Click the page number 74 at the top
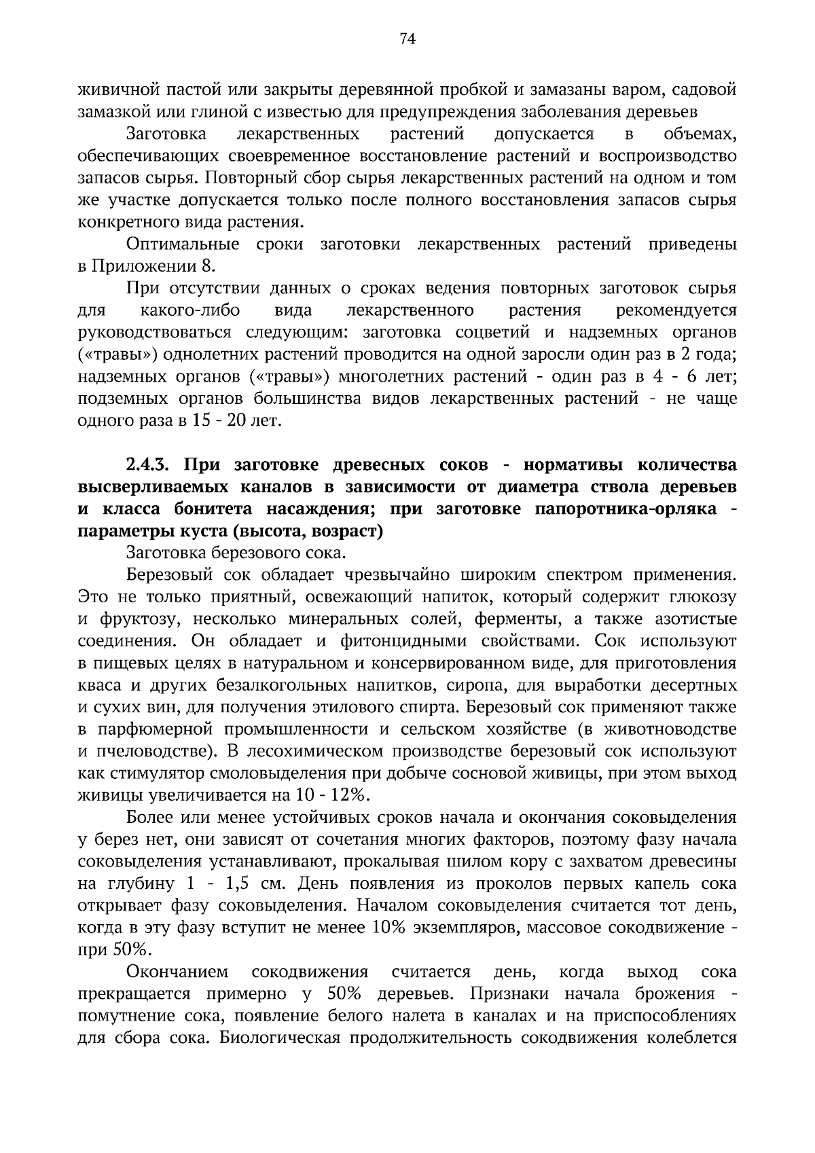click(x=407, y=39)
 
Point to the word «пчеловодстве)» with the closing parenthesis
click(x=155, y=752)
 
